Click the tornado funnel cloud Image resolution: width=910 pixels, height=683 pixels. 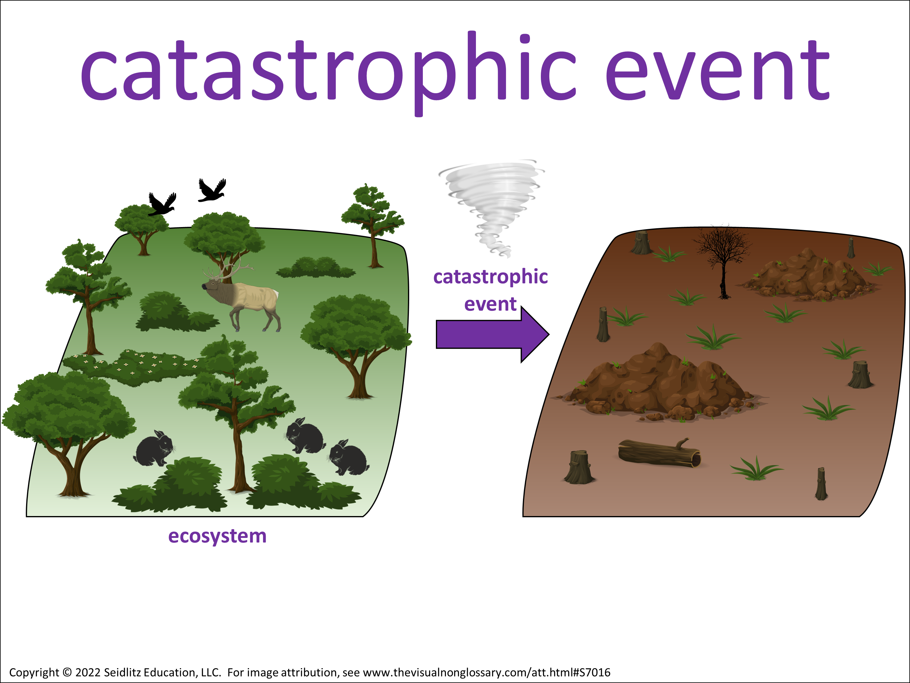492,206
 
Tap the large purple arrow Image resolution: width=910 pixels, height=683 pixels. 492,334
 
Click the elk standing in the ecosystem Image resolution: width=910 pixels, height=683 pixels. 241,297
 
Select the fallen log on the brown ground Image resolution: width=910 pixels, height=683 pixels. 659,453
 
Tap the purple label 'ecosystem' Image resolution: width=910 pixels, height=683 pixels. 217,536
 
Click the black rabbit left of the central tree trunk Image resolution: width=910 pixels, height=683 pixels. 153,448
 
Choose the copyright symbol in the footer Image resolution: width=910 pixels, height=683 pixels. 67,672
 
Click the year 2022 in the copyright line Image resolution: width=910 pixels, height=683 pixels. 88,672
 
